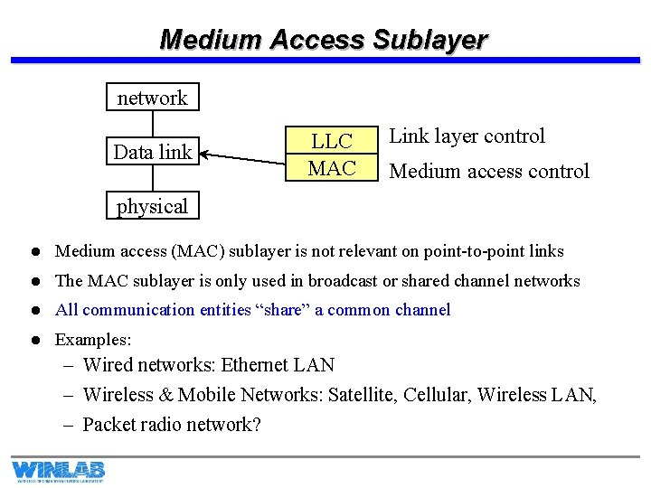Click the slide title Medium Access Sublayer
(323, 40)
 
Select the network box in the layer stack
(152, 98)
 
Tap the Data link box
(152, 152)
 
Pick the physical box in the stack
(152, 206)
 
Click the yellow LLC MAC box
(331, 155)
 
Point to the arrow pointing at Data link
(244, 159)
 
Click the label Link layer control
(467, 136)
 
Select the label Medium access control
(488, 171)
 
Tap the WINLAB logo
(58, 471)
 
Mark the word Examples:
(93, 340)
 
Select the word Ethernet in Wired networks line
(257, 365)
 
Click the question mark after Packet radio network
(256, 424)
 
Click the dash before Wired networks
(69, 365)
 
